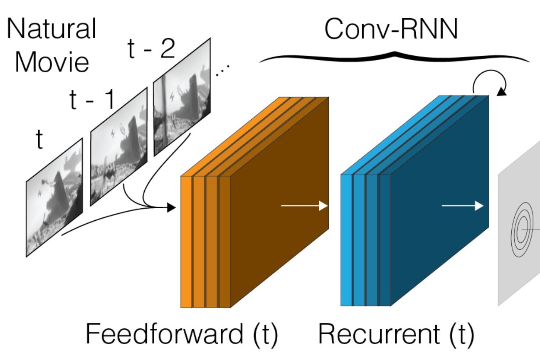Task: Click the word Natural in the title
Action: tap(52, 28)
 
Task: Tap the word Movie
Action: tap(52, 62)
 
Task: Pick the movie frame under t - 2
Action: tap(182, 97)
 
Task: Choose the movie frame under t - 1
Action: tap(119, 147)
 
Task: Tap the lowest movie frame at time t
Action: tap(54, 198)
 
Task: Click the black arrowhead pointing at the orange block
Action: tap(171, 207)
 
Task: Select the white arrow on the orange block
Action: tap(304, 206)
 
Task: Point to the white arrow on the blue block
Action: tap(462, 206)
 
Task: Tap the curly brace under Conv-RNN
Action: tap(395, 57)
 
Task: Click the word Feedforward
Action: tap(165, 334)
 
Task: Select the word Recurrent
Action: tap(379, 334)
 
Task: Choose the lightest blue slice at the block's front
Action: tap(346, 240)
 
